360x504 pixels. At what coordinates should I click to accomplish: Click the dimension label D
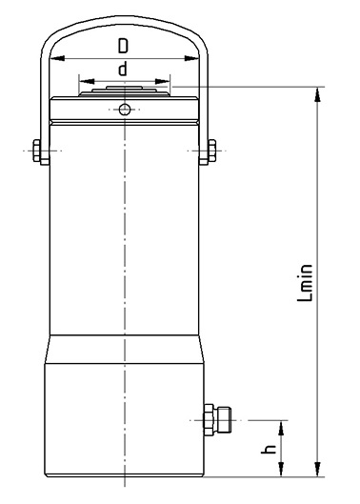pos(123,46)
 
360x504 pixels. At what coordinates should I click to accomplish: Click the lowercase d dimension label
pos(123,69)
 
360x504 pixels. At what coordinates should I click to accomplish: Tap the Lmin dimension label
pos(305,283)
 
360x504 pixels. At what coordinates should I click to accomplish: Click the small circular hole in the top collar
pos(125,110)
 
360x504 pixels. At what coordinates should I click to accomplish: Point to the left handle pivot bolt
pos(37,151)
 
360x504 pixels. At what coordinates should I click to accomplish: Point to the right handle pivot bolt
pos(211,151)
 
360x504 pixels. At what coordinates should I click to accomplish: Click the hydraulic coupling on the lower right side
pos(217,420)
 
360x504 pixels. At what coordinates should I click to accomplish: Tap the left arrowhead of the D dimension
pos(57,58)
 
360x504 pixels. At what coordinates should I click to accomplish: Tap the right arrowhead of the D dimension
pos(191,58)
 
